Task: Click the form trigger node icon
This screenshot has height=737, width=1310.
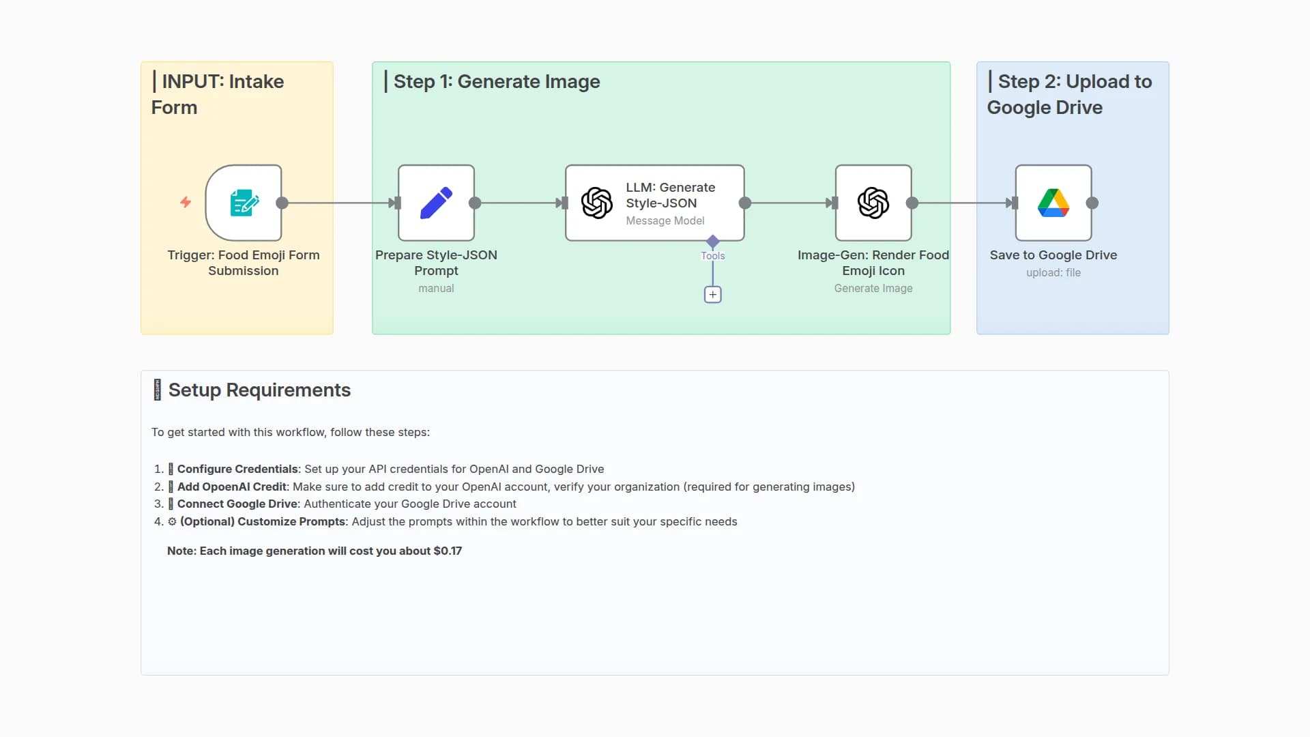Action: pyautogui.click(x=244, y=203)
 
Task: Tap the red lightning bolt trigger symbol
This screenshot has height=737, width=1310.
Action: pyautogui.click(x=186, y=202)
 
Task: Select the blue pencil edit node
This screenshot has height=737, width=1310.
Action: pyautogui.click(x=436, y=203)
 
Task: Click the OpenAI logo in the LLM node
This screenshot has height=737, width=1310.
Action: pyautogui.click(x=596, y=203)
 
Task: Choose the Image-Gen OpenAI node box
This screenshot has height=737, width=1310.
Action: pyautogui.click(x=873, y=203)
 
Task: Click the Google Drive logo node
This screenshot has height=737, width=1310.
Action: pyautogui.click(x=1053, y=203)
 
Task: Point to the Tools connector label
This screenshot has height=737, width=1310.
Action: pyautogui.click(x=713, y=256)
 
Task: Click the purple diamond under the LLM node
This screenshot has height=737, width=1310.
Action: pyautogui.click(x=713, y=241)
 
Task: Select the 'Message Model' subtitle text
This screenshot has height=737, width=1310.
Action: pyautogui.click(x=665, y=220)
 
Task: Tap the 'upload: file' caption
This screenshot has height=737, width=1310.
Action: pyautogui.click(x=1053, y=272)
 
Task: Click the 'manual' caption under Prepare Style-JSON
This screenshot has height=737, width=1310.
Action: pyautogui.click(x=436, y=288)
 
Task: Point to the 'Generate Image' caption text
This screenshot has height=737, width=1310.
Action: pyautogui.click(x=873, y=288)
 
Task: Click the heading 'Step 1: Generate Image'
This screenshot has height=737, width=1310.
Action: pyautogui.click(x=497, y=82)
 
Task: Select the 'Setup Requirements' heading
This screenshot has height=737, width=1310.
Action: pyautogui.click(x=259, y=390)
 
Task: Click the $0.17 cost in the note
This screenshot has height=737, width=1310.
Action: pyautogui.click(x=448, y=551)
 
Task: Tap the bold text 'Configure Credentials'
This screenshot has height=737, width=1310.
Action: pyautogui.click(x=237, y=469)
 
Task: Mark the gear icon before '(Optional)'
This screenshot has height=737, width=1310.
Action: pyautogui.click(x=172, y=521)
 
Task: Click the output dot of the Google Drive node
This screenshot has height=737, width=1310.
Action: pyautogui.click(x=1092, y=203)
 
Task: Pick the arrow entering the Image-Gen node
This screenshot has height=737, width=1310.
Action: pyautogui.click(x=830, y=203)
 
